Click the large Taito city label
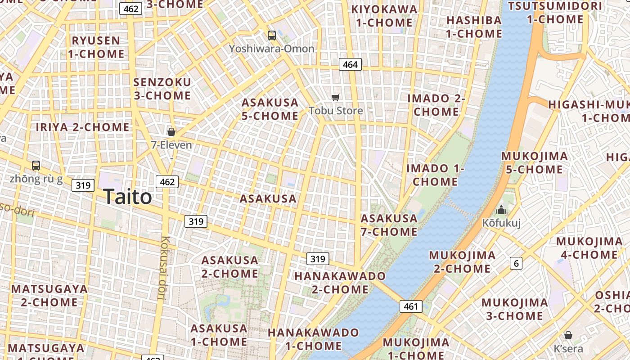tap(127, 197)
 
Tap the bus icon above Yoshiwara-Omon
tap(271, 35)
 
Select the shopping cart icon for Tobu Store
tap(335, 97)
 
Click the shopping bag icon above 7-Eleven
tap(171, 131)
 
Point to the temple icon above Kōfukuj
tap(501, 210)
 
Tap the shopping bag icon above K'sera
tap(568, 335)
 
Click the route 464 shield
tap(350, 64)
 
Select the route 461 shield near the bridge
tap(411, 306)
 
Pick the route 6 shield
tap(516, 263)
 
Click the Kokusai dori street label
tap(162, 268)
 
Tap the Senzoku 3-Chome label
tap(162, 89)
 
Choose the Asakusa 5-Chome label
tap(270, 109)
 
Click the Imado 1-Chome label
tap(435, 175)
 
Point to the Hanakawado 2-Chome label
tap(340, 282)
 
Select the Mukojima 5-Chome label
tap(535, 163)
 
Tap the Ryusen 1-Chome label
tap(96, 47)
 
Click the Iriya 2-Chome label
tap(83, 127)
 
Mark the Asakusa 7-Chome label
tap(389, 225)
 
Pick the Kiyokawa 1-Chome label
tap(384, 16)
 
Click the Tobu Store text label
tap(336, 110)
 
